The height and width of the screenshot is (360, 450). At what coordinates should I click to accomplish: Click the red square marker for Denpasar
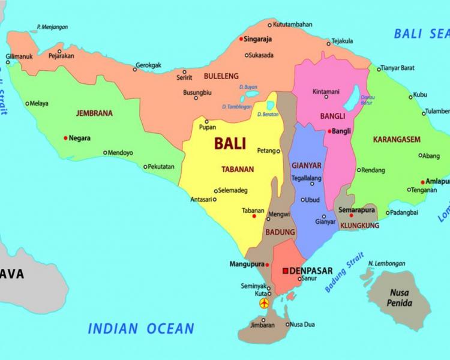click(286, 271)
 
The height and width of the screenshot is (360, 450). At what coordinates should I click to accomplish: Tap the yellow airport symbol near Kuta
click(264, 304)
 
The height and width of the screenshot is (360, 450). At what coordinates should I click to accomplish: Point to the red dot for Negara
click(65, 138)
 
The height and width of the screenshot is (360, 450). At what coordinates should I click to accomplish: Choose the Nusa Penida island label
click(399, 297)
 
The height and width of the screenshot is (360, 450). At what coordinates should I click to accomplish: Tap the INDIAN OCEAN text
click(141, 328)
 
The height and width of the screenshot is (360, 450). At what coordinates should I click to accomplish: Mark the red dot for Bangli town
click(330, 131)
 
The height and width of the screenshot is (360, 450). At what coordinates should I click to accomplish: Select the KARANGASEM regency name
click(397, 139)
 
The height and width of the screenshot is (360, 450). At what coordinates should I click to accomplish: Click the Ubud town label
click(312, 200)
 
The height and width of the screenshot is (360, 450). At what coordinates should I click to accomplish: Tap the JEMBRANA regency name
click(95, 112)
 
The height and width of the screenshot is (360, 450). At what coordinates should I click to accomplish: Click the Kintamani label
click(326, 92)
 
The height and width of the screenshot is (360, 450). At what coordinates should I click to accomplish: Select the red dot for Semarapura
click(351, 215)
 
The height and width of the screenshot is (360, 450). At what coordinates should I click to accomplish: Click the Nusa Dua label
click(302, 325)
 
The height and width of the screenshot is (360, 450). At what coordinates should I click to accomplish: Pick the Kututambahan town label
click(292, 25)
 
